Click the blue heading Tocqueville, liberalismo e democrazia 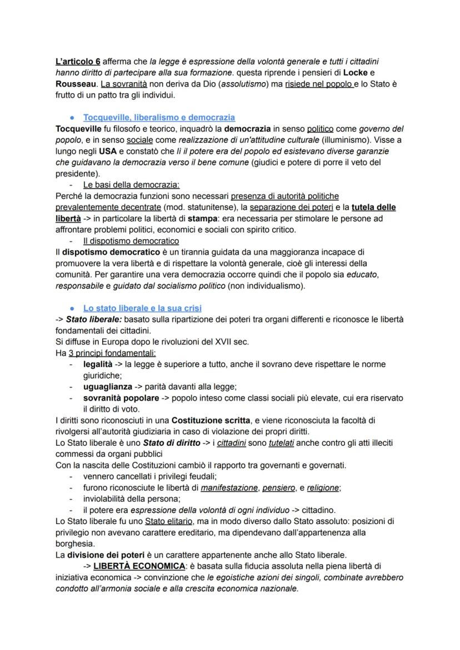159,117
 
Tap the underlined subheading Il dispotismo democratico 131,241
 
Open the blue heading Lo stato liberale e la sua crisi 142,308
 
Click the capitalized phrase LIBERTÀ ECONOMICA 139,566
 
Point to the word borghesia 75,543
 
